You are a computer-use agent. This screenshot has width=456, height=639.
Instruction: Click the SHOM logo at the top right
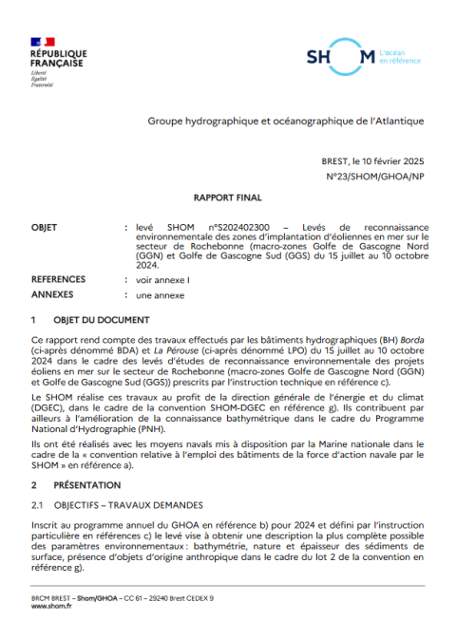tap(340, 58)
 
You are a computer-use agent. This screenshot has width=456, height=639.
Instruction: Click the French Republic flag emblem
tap(43, 42)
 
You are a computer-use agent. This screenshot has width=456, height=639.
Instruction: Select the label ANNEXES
tap(51, 295)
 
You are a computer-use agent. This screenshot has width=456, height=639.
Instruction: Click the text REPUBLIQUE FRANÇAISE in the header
tap(58, 59)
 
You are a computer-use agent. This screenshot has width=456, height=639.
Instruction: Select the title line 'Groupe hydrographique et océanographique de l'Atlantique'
tap(285, 122)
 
